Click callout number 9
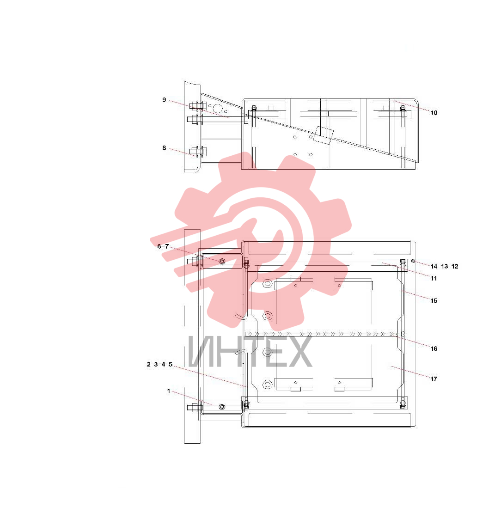tap(164, 100)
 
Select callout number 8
tap(164, 147)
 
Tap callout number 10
tap(434, 113)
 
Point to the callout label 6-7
tap(163, 246)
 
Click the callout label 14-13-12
tap(445, 266)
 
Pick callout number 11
tap(434, 278)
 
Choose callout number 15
tap(434, 300)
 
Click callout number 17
tap(434, 379)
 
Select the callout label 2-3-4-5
tap(159, 364)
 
